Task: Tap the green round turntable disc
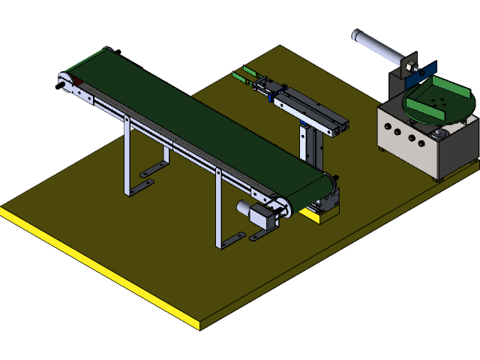tap(439, 105)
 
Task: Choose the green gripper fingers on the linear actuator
tap(244, 74)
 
